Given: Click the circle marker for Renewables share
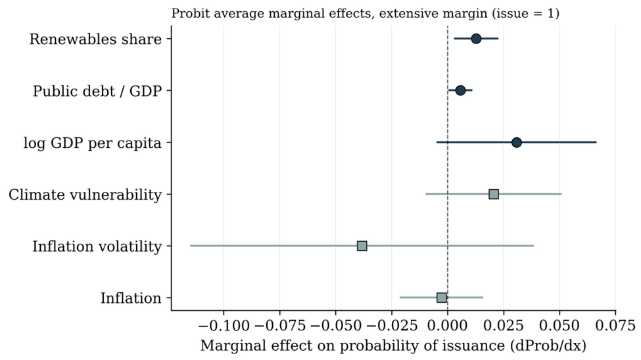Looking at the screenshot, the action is tap(476, 39).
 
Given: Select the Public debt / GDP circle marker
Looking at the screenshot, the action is tap(460, 90).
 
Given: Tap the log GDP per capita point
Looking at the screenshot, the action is tap(516, 142).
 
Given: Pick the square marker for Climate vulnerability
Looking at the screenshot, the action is tap(494, 194).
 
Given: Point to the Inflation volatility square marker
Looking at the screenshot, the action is tap(362, 246).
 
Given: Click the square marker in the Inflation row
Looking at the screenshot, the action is tap(442, 298).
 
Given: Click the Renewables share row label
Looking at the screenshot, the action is tap(96, 39).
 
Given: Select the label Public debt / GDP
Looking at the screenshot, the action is tap(97, 91).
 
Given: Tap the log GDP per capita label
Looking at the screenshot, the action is tap(93, 143).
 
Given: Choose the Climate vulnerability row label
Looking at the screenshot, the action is tap(85, 195).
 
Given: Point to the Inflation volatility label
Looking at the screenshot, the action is tap(97, 247).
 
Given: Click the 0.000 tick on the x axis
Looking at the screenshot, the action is tap(448, 326).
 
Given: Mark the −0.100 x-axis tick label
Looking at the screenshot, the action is tap(224, 326).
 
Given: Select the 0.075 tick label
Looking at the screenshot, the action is tap(615, 326).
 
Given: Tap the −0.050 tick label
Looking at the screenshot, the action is tap(336, 326).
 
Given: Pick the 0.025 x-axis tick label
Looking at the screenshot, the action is tap(504, 326).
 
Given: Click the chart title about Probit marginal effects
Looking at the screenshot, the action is tap(365, 14).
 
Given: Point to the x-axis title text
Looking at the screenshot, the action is tap(393, 346).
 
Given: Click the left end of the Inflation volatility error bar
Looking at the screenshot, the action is tap(190, 246).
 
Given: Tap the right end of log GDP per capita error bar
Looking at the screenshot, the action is tap(596, 142).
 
